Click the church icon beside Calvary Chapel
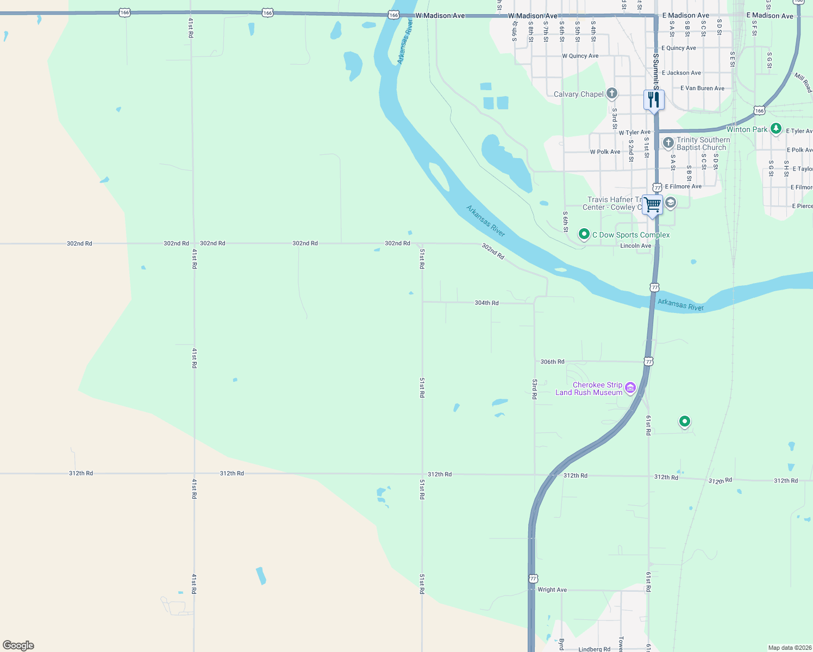pos(612,93)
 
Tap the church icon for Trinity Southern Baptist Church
pos(668,143)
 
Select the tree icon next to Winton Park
pos(776,129)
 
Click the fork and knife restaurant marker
pos(654,100)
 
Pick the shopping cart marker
pos(653,205)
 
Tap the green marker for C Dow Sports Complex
pos(584,234)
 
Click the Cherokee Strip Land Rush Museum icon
pos(630,387)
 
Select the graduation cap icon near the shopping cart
pos(671,203)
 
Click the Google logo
pos(18,645)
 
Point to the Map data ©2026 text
pos(789,648)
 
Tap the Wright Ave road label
pos(552,590)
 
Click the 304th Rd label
pos(486,303)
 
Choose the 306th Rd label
pos(552,361)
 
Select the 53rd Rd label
pos(535,390)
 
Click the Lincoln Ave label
pos(635,246)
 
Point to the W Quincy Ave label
pos(580,56)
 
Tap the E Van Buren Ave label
pos(702,88)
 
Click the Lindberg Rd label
pos(594,649)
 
